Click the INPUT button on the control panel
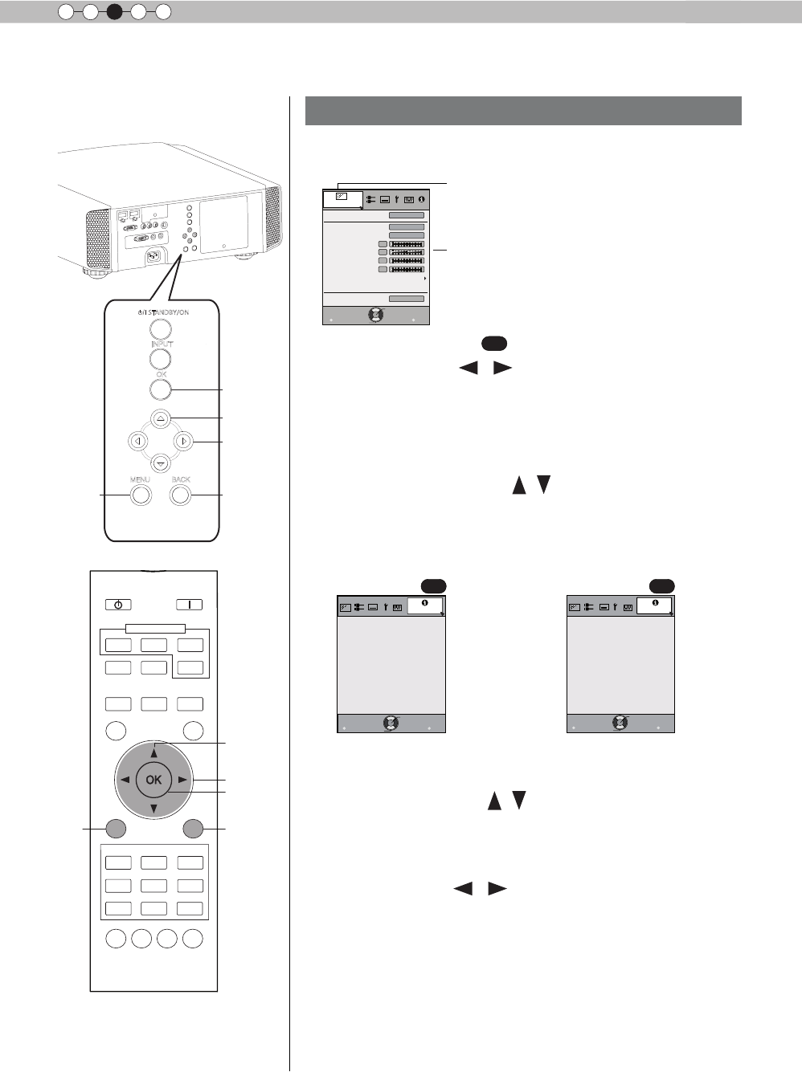[161, 359]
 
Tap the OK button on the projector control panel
[161, 389]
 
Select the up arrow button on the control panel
[161, 418]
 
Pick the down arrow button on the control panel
[161, 463]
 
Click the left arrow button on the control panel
[138, 441]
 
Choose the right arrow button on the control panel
[184, 441]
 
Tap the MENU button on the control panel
[141, 495]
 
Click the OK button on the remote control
[153, 779]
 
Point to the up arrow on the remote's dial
[153, 752]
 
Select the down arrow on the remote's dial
[153, 807]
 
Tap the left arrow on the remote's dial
[125, 780]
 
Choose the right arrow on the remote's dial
[182, 780]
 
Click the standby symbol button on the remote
[118, 605]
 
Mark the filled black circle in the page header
[114, 12]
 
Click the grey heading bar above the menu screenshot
[523, 111]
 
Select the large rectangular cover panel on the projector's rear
[224, 225]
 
